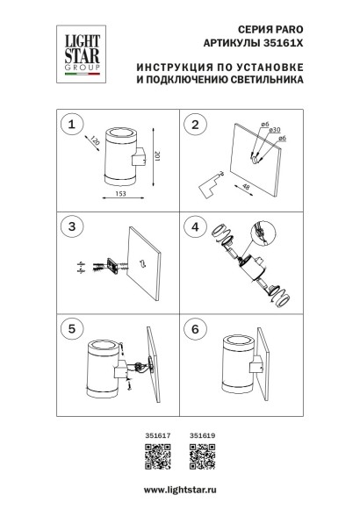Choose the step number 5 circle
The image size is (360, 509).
[70, 328]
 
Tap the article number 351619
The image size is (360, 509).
[201, 434]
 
